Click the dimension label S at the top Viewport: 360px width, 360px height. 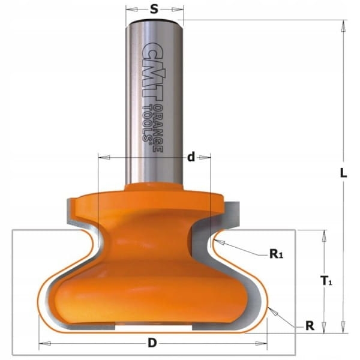[154, 10]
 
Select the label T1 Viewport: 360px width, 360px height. [326, 281]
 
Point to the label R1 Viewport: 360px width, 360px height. [276, 254]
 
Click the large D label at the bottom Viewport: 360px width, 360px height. [152, 343]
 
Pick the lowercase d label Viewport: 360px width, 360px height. [191, 157]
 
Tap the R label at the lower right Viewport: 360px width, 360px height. [310, 325]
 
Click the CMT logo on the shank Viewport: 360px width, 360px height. [151, 71]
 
